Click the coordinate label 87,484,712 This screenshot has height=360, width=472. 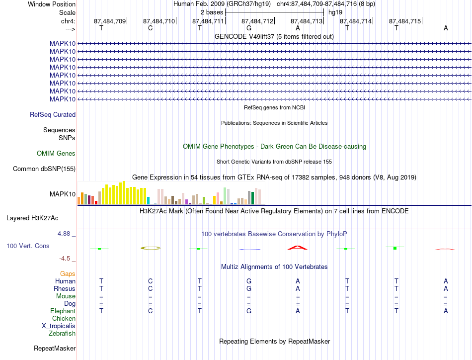257,21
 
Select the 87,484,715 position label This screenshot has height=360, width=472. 405,21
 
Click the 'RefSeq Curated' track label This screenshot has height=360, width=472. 53,114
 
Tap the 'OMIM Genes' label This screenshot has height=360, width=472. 56,153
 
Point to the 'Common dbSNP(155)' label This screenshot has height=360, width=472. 44,169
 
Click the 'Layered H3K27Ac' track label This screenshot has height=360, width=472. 32,218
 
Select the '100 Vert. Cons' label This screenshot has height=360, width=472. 28,246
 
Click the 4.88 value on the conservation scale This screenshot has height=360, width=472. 64,234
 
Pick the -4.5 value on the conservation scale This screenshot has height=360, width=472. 65,259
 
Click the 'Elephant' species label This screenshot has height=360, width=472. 63,311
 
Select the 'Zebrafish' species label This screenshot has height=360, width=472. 62,333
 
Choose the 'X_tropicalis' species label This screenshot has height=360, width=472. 59,326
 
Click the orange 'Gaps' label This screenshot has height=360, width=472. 68,273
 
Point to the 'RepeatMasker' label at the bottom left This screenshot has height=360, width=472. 55,348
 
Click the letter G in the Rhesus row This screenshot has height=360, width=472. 248,288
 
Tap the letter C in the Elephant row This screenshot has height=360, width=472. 150,311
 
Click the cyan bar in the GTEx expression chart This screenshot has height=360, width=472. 148,201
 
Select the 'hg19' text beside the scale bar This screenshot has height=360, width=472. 335,12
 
